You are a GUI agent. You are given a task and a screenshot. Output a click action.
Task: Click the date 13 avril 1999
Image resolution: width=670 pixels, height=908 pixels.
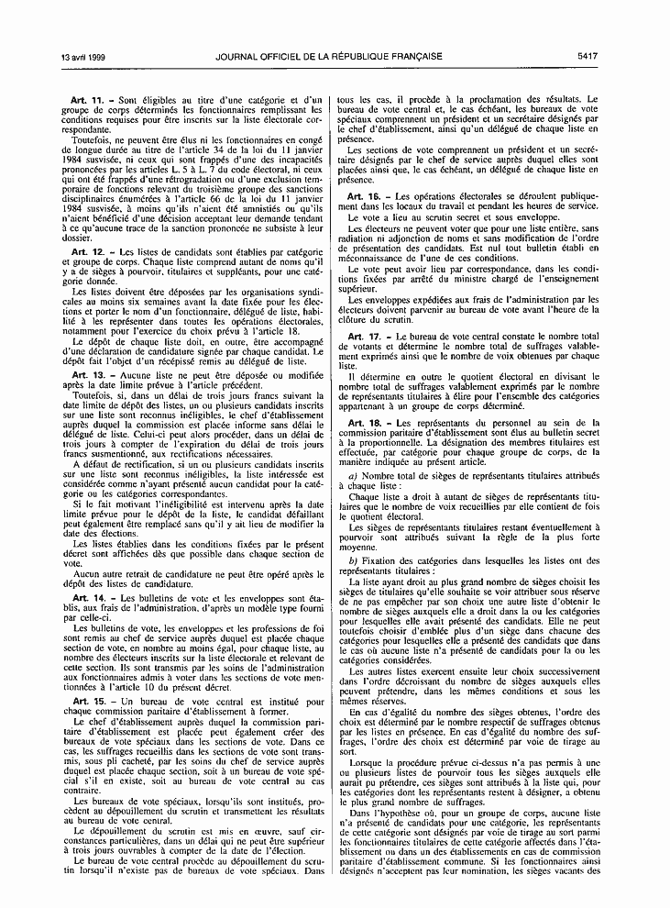54,57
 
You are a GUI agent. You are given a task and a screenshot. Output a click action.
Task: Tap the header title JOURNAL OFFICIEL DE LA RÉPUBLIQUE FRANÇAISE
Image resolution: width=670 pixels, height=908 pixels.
329,57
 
